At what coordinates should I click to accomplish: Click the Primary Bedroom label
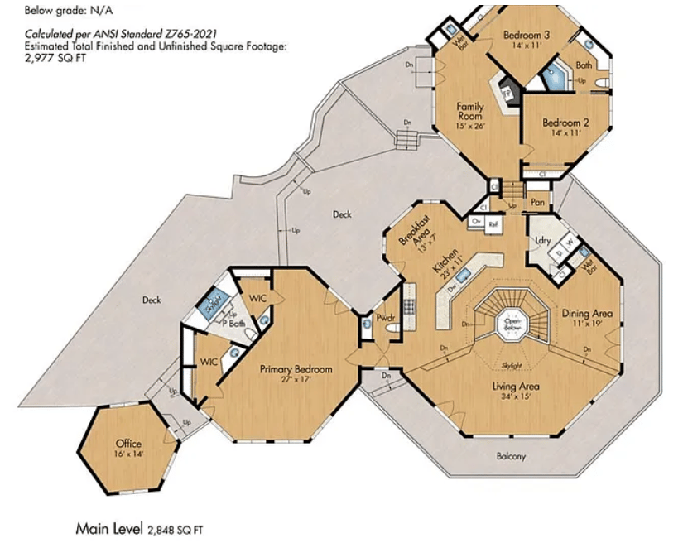(296, 369)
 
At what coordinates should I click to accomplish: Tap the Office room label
(128, 444)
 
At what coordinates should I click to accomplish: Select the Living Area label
(516, 387)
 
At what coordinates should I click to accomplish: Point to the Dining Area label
(587, 313)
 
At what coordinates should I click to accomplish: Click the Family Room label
(470, 111)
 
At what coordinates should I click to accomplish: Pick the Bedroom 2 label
(562, 123)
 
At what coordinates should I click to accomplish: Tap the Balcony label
(511, 456)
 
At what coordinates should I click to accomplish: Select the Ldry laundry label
(543, 240)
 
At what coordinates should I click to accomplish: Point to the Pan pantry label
(537, 201)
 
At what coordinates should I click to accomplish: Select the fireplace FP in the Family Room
(507, 91)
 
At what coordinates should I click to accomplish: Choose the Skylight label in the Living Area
(511, 365)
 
